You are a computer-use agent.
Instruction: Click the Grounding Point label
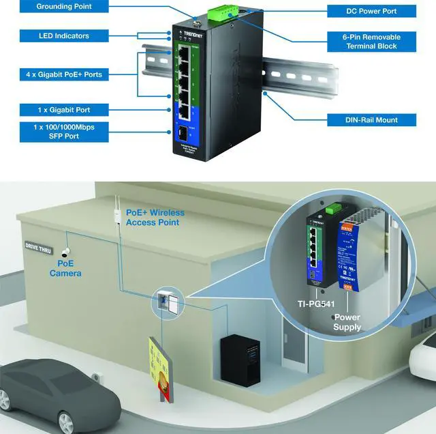coord(64,7)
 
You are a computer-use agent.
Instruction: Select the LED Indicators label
coord(64,35)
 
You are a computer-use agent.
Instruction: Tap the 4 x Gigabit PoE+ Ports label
coord(64,74)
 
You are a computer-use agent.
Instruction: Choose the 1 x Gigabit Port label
coord(64,110)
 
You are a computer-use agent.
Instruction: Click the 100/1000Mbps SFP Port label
coord(64,131)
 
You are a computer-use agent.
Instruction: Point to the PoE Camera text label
coord(65,268)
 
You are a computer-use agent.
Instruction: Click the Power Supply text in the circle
coord(347,322)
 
